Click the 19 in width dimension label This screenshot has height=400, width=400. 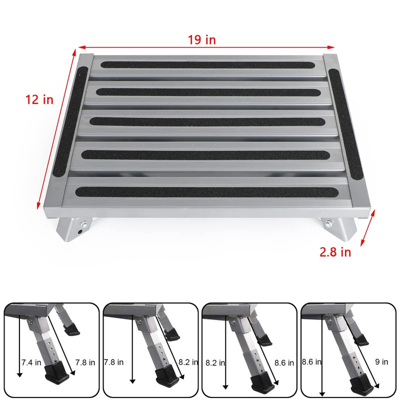pyautogui.click(x=202, y=40)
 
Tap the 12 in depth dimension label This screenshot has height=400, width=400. pyautogui.click(x=39, y=99)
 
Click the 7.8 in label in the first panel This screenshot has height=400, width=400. pyautogui.click(x=85, y=362)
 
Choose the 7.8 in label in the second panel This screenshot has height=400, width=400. pyautogui.click(x=113, y=362)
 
